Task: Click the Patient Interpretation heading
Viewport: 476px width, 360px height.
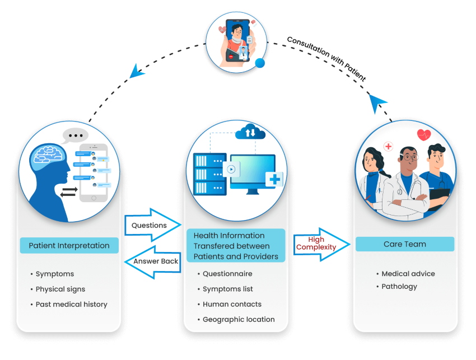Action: (69, 245)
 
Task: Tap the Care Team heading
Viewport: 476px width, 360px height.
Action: (404, 244)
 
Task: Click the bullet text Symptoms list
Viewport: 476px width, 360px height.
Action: (227, 289)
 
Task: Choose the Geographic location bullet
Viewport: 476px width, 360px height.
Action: (239, 319)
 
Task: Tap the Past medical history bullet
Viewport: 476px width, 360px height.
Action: (71, 305)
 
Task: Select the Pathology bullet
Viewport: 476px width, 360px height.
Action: (399, 286)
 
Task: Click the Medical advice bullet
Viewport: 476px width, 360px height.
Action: (408, 274)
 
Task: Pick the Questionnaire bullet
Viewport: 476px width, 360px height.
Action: (227, 274)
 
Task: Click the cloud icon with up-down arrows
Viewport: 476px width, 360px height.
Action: (250, 132)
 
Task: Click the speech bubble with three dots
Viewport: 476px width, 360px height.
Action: (75, 135)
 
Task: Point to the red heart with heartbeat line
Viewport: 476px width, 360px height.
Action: (424, 135)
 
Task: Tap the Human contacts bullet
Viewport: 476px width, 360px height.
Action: (232, 304)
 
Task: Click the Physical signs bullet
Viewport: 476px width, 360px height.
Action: (61, 289)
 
